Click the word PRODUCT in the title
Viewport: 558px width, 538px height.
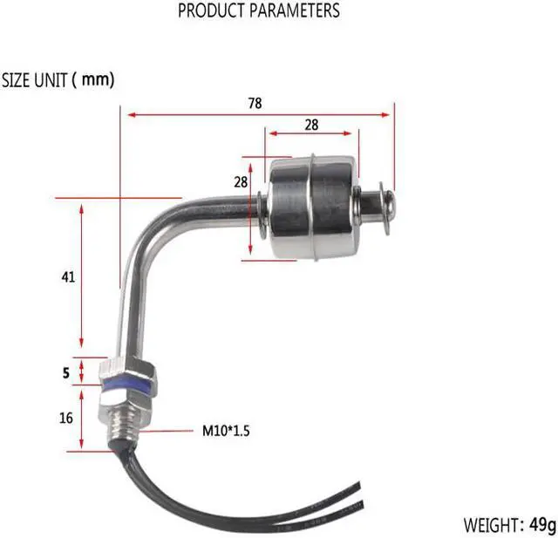point(210,11)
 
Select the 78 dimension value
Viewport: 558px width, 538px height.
point(255,103)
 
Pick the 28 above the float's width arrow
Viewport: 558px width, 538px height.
point(311,125)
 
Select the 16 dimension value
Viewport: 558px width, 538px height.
point(66,418)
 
